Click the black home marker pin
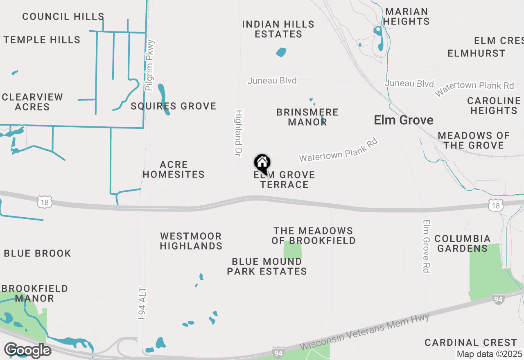pyautogui.click(x=262, y=163)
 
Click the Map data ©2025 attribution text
pyautogui.click(x=489, y=354)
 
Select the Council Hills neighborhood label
pyautogui.click(x=63, y=17)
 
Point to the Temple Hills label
pyautogui.click(x=42, y=40)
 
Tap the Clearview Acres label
pyautogui.click(x=32, y=102)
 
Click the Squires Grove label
pyautogui.click(x=173, y=106)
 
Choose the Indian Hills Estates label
pyautogui.click(x=278, y=29)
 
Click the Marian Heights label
pyautogui.click(x=407, y=16)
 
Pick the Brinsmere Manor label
pyautogui.click(x=307, y=117)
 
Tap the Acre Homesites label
pyautogui.click(x=174, y=170)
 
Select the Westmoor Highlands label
pyautogui.click(x=191, y=241)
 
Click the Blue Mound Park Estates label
pyautogui.click(x=267, y=266)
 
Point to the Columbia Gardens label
pyautogui.click(x=462, y=243)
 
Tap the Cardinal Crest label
pyautogui.click(x=471, y=342)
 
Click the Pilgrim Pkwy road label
pyautogui.click(x=150, y=65)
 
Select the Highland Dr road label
pyautogui.click(x=239, y=133)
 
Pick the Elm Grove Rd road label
pyautogui.click(x=427, y=246)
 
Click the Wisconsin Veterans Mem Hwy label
pyautogui.click(x=364, y=332)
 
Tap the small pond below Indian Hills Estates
pyautogui.click(x=281, y=52)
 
